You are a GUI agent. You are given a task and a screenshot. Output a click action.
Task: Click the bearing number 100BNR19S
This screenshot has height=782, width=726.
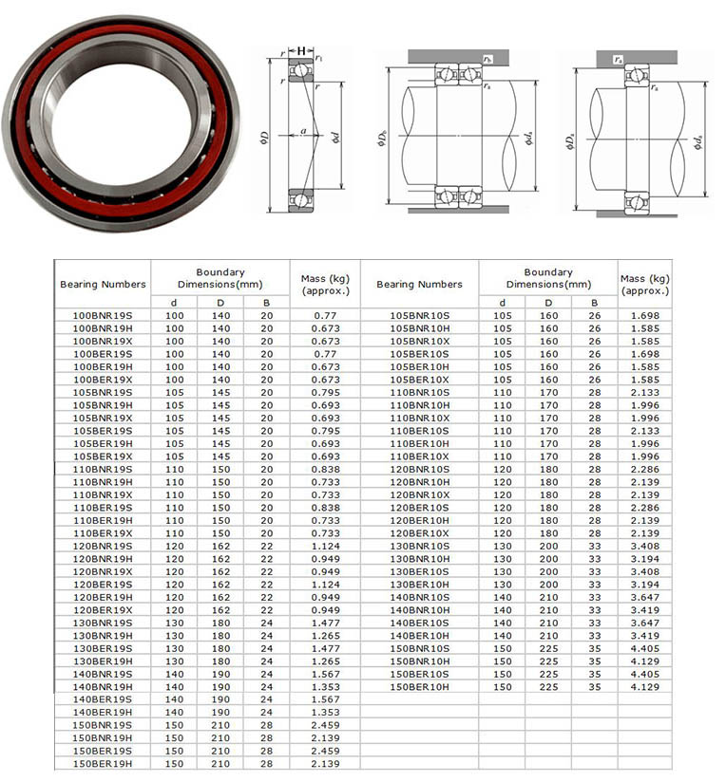[x=103, y=316]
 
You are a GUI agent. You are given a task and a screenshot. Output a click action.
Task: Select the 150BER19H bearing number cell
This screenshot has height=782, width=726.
[x=103, y=764]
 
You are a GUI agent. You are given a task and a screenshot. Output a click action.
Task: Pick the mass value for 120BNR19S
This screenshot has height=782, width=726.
[x=326, y=546]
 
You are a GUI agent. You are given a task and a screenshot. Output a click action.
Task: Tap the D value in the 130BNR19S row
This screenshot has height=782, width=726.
[x=220, y=623]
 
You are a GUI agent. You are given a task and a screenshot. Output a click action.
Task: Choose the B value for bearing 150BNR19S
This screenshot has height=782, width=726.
[x=267, y=725]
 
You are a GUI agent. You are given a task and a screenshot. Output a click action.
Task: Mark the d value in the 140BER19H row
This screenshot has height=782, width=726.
[x=174, y=712]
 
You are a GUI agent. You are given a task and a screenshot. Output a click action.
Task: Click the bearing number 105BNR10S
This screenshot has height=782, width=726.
[x=419, y=316]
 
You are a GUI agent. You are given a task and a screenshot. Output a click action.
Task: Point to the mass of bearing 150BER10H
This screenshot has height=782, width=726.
[x=645, y=687]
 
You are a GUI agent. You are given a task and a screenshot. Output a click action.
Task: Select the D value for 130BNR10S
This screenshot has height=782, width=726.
[x=548, y=546]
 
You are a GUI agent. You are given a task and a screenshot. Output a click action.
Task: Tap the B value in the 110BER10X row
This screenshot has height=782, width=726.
[x=595, y=456]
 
